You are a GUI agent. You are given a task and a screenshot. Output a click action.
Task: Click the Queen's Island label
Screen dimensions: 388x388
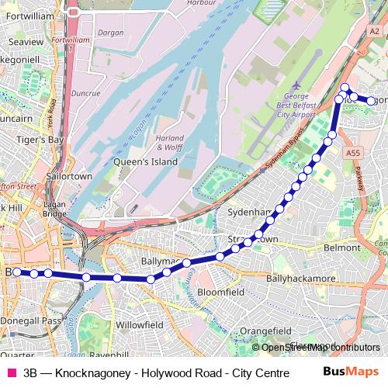tap(146, 161)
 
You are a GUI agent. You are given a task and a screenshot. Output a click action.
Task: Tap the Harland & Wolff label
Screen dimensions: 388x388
tap(171, 141)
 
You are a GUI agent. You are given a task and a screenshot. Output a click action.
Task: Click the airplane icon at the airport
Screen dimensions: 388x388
tap(296, 84)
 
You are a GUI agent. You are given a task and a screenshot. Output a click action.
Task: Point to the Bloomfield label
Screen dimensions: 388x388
tap(221, 293)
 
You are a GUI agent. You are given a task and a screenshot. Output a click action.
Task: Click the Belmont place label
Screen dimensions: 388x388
tap(342, 247)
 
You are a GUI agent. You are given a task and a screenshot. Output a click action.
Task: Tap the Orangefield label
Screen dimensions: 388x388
tap(265, 331)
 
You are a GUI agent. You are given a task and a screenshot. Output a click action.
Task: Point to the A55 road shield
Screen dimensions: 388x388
tap(355, 154)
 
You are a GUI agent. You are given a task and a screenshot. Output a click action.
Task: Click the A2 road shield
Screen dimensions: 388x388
tap(375, 31)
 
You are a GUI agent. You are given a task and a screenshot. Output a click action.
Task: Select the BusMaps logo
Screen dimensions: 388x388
tap(351, 372)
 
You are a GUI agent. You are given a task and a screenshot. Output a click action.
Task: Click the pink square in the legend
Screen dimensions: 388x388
tap(11, 372)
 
